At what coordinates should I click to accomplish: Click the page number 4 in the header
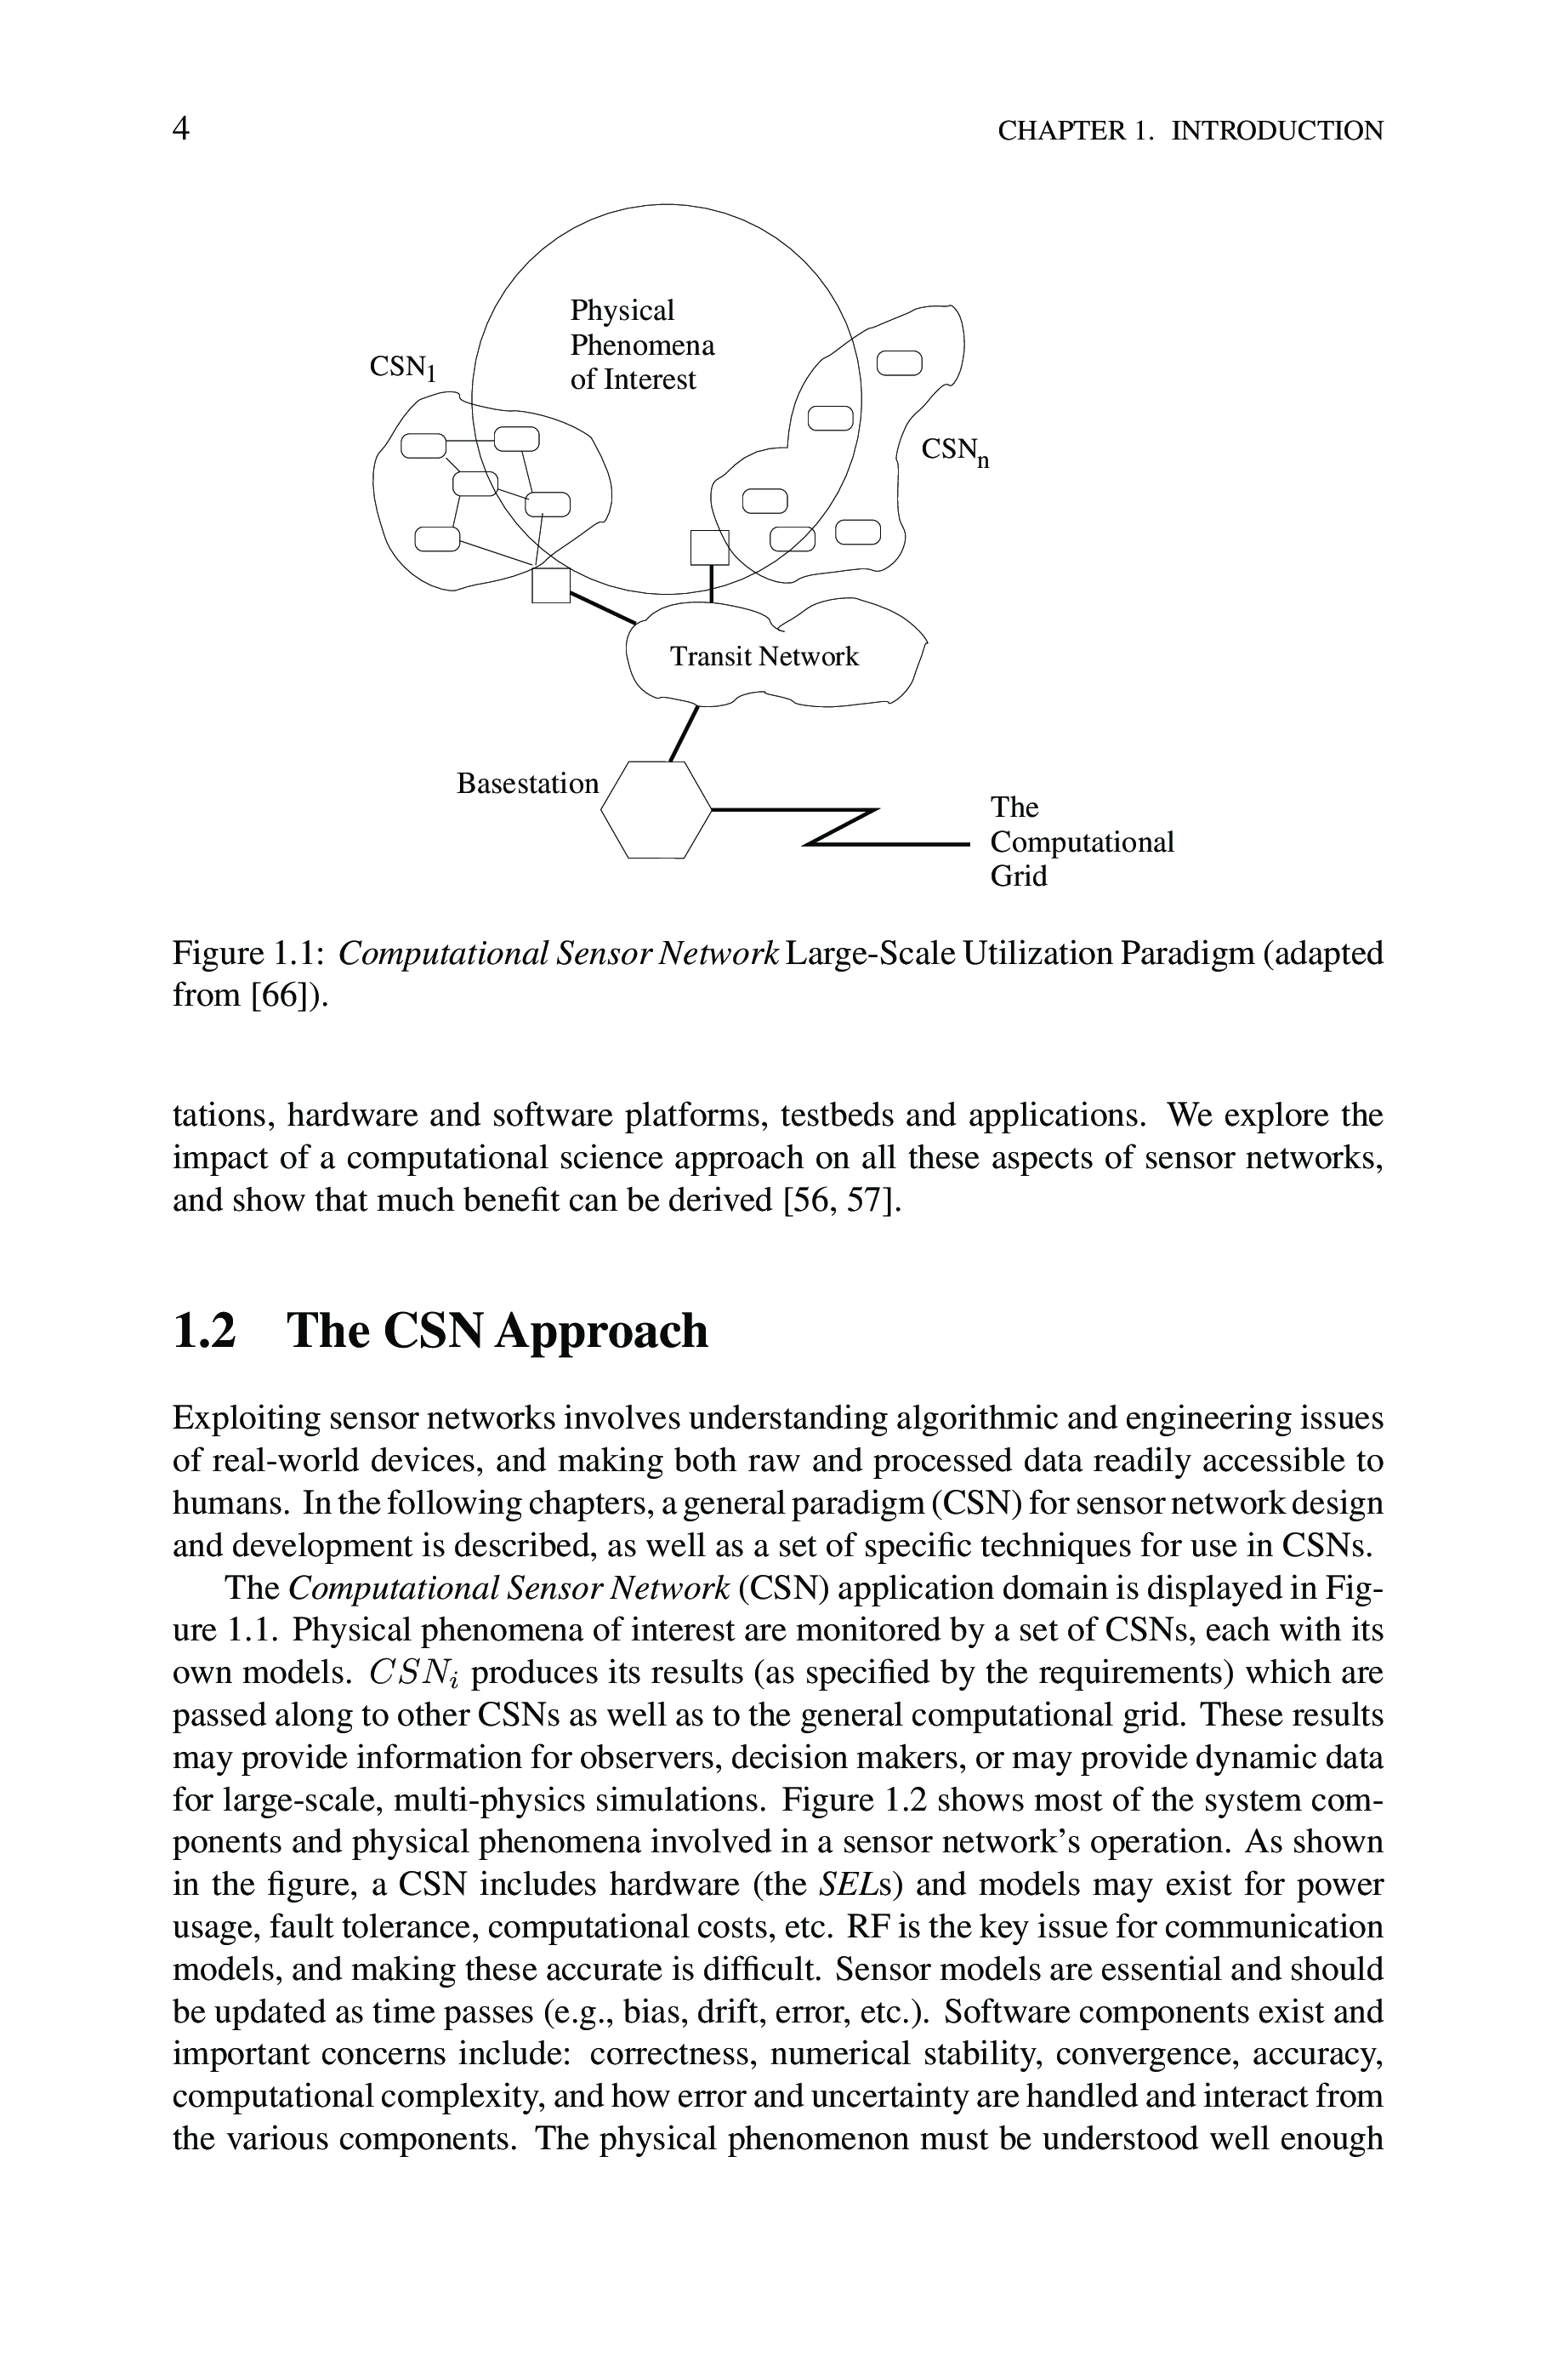[181, 129]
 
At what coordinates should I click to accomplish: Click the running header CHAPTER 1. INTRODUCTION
[1190, 131]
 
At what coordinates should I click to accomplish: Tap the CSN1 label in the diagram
[402, 368]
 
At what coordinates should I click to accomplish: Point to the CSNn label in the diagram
[954, 452]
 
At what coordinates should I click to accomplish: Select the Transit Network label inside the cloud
[764, 657]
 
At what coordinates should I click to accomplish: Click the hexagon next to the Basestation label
[656, 808]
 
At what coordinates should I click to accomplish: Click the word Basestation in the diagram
[527, 784]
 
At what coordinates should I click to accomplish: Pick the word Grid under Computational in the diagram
[1018, 876]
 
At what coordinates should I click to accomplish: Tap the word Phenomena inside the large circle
[641, 345]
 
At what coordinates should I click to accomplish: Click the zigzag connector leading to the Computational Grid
[839, 827]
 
